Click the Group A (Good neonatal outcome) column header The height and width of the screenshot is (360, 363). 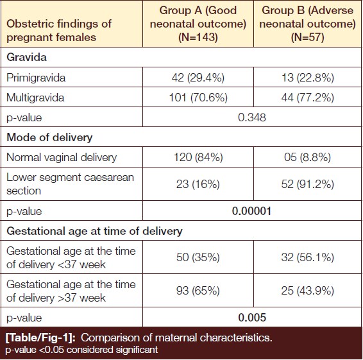(198, 24)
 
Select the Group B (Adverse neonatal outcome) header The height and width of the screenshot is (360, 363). (307, 24)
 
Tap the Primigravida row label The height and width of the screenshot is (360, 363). (36, 78)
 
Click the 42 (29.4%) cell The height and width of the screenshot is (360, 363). (198, 78)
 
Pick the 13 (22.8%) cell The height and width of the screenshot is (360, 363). (308, 78)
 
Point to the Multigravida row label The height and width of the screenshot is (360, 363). (35, 98)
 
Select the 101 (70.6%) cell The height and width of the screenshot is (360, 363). (198, 98)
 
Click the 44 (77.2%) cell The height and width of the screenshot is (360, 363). (308, 98)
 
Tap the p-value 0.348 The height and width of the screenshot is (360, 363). (252, 117)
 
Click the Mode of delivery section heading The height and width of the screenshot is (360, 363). (49, 137)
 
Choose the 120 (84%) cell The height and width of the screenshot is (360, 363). (198, 157)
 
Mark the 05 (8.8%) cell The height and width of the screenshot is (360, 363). (307, 157)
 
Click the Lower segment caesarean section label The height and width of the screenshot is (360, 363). (70, 184)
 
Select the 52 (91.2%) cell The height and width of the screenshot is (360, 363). (308, 184)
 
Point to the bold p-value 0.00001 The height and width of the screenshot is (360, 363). (251, 211)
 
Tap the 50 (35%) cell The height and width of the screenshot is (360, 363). (198, 257)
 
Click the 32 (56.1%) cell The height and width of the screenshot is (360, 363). (308, 257)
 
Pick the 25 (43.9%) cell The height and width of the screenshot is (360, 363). (308, 291)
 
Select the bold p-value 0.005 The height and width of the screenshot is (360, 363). (252, 318)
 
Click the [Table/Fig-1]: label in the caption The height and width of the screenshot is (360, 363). (40, 338)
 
